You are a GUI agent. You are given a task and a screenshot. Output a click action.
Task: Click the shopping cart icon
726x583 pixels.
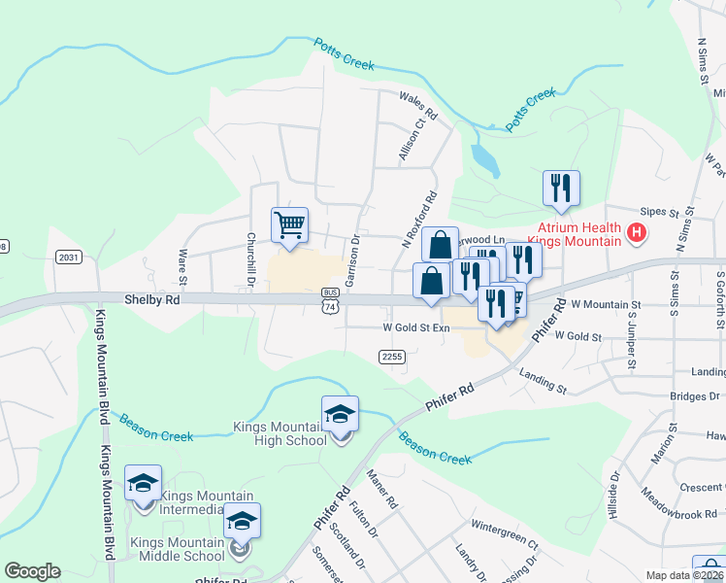tap(289, 226)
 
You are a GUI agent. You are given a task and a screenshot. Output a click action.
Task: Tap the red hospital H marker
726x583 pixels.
tap(637, 233)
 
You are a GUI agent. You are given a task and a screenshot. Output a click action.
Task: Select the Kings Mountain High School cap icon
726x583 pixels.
tap(340, 415)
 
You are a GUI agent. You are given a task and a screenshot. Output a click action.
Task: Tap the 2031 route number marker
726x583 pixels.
tap(69, 257)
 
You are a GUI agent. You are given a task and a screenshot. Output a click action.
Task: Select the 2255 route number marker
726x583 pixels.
tap(392, 358)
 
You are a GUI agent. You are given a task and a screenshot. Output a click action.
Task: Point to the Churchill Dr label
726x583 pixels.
tap(250, 259)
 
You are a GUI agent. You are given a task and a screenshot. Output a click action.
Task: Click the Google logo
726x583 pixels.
tap(32, 571)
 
